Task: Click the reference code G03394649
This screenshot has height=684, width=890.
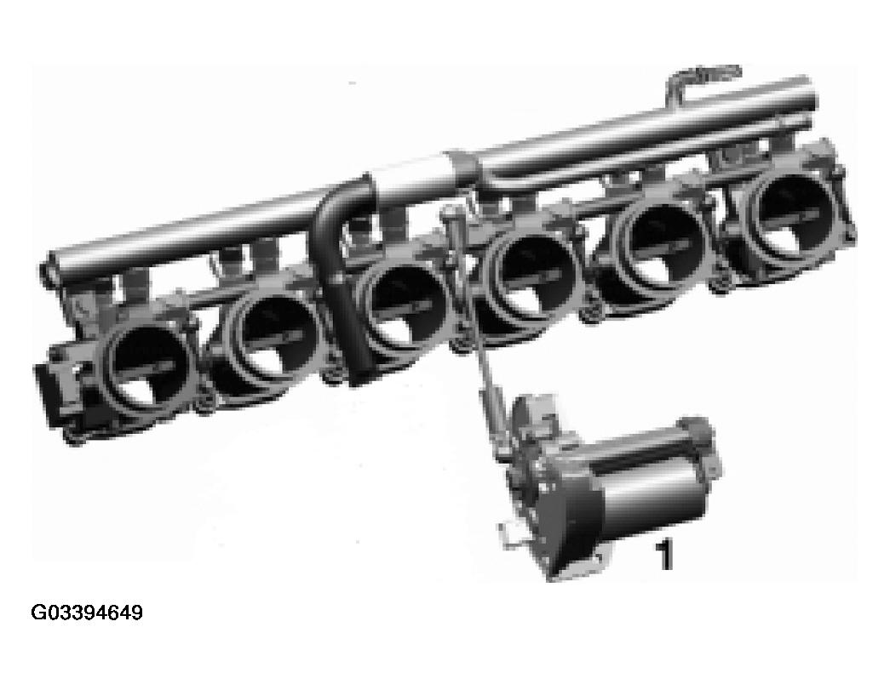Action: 87,613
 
